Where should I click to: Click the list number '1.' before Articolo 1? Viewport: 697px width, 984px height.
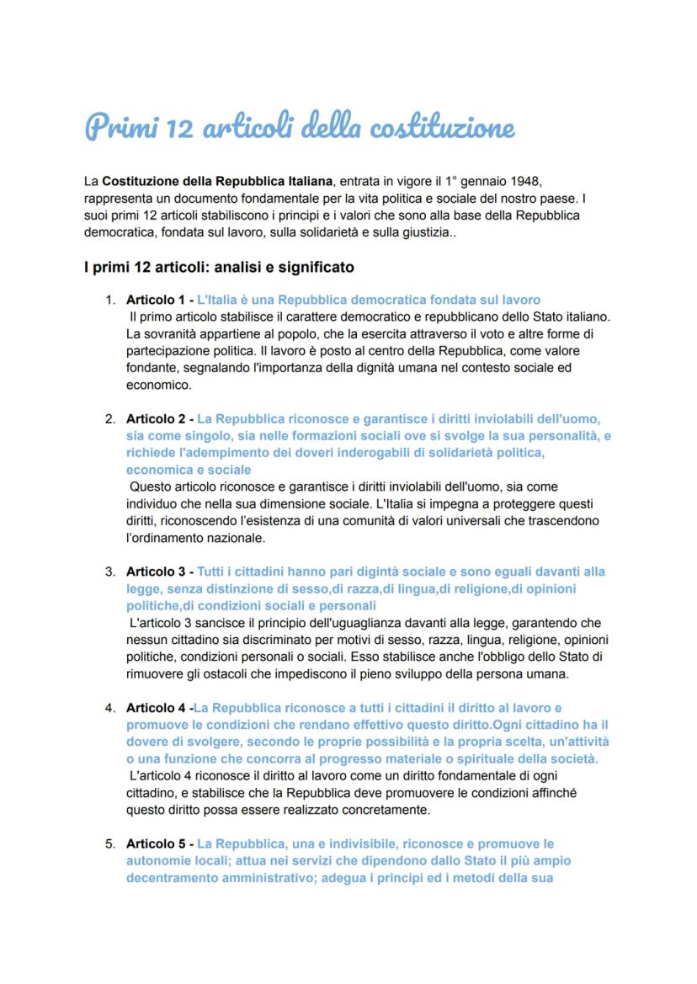pyautogui.click(x=110, y=300)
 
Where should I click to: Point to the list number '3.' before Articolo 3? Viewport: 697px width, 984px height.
pyautogui.click(x=110, y=572)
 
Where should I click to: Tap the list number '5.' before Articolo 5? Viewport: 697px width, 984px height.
pyautogui.click(x=110, y=843)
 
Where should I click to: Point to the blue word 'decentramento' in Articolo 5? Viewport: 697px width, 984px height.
pyautogui.click(x=169, y=878)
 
